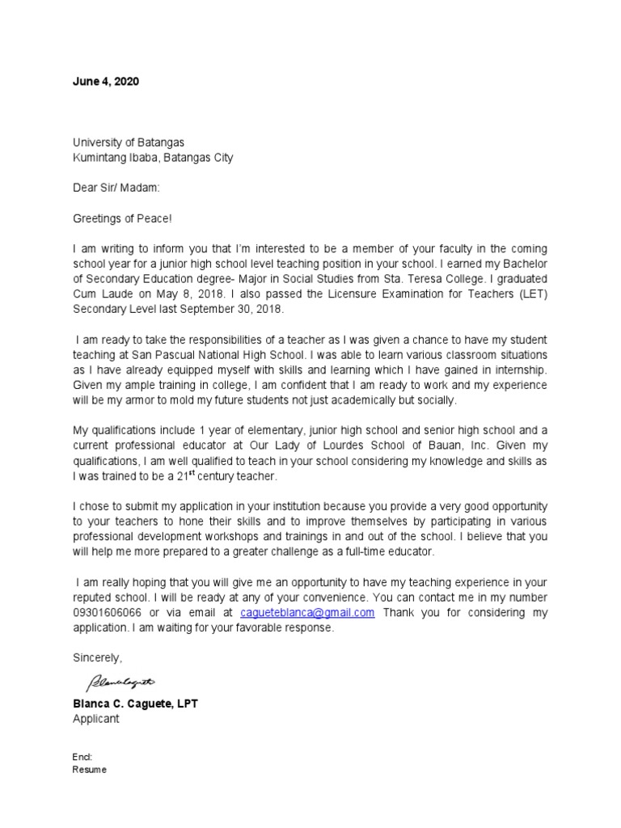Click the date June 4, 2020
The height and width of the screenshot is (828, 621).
[x=105, y=82]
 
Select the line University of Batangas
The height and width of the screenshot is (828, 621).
[x=129, y=142]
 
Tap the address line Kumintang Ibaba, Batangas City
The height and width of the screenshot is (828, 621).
[x=153, y=158]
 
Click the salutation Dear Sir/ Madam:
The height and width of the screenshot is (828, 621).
[x=116, y=188]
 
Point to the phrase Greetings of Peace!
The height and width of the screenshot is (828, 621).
[x=122, y=218]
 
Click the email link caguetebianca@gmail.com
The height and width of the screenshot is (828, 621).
[x=307, y=613]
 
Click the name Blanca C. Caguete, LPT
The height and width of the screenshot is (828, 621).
[x=135, y=703]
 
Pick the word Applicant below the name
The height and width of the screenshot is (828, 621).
[x=95, y=719]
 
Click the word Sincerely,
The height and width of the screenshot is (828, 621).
[x=97, y=657]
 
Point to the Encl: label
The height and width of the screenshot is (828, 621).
[x=82, y=757]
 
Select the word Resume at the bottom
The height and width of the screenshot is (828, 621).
[x=89, y=770]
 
